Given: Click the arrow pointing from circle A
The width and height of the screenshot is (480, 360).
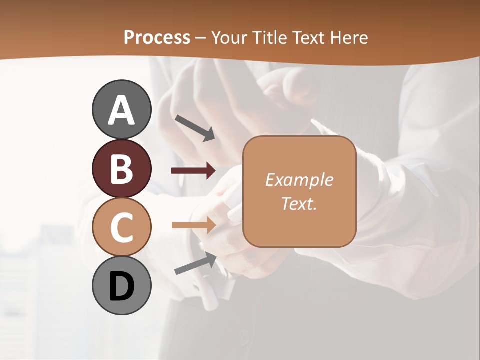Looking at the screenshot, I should pos(194,127).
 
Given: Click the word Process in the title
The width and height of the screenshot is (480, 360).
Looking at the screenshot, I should pos(157,37).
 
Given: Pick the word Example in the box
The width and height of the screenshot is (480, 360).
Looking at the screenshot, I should pos(299,180).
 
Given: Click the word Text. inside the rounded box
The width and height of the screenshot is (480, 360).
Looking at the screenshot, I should pos(299,203).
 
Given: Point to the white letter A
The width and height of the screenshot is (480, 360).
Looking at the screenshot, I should pos(122,110).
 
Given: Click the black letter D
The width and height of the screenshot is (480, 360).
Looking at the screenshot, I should pos(122,287).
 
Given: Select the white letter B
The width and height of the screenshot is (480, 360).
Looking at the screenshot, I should pos(122,169).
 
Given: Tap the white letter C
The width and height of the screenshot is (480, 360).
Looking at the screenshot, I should pos(122,228).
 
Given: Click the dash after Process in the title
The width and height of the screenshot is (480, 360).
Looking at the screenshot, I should pos(201,38).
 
